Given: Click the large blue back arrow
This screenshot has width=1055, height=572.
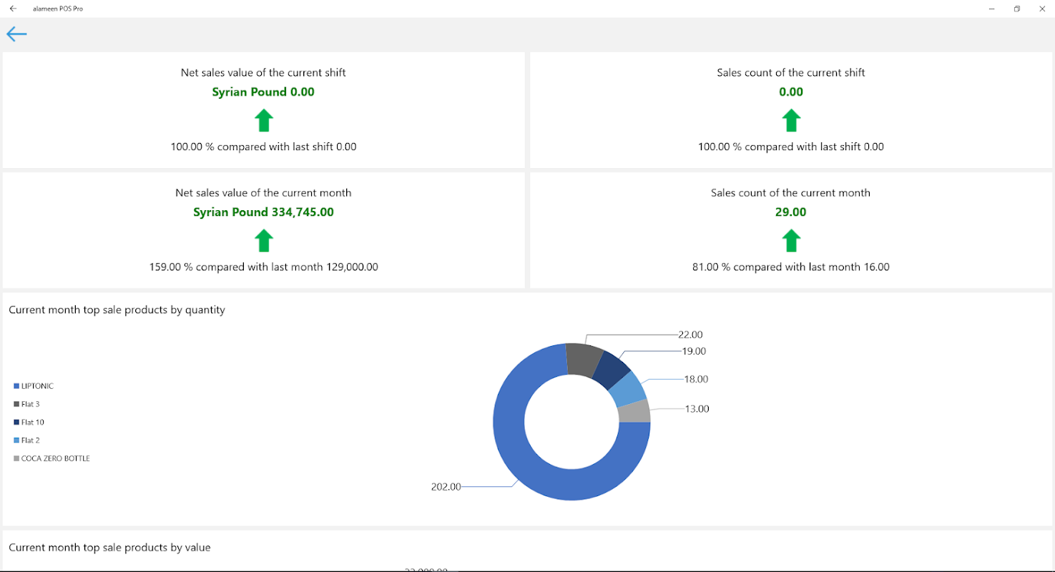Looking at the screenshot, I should tap(16, 34).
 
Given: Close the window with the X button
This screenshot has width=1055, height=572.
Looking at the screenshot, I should tap(1041, 9).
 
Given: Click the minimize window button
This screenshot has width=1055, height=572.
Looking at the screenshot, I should tap(992, 9).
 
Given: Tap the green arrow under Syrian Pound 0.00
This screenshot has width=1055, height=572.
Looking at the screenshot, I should tap(264, 120).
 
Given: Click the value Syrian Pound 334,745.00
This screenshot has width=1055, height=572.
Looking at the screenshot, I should tap(263, 212).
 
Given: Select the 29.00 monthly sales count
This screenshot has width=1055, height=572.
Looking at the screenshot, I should tap(790, 212).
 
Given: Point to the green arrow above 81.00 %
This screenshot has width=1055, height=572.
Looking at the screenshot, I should tap(790, 240).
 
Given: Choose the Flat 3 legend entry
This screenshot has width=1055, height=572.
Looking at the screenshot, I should tap(30, 404).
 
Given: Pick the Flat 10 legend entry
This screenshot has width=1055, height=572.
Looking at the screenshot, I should tap(32, 423).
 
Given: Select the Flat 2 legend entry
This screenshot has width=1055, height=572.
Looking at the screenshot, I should tap(30, 440).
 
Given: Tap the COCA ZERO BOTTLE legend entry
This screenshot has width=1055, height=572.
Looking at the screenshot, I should tap(55, 458).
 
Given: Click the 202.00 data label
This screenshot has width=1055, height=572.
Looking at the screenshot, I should tap(446, 487).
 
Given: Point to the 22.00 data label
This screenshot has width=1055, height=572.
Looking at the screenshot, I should tap(690, 335).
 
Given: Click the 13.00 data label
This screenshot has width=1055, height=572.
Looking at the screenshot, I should tap(697, 409).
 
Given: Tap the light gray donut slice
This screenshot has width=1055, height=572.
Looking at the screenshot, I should tap(634, 412).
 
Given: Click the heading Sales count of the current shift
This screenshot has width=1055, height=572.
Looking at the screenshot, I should tap(790, 73).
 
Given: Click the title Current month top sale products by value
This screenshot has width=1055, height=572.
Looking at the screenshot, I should tap(109, 548).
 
